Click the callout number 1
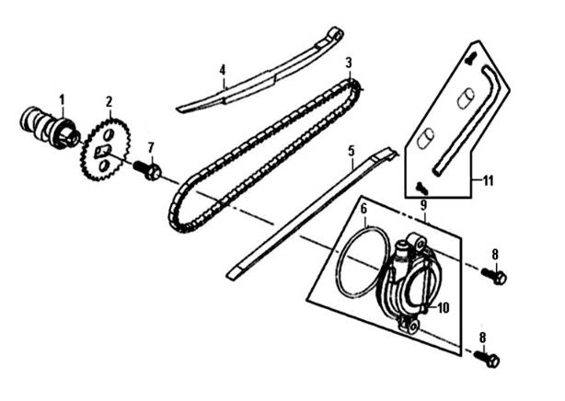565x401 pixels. tap(63, 98)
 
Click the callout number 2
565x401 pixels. tap(109, 101)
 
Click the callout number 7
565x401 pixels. tap(151, 147)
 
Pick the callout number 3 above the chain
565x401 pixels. tap(349, 63)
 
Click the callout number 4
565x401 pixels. tap(222, 69)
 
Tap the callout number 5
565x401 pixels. tap(351, 149)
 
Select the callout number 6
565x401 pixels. tap(363, 208)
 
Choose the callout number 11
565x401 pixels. tap(488, 180)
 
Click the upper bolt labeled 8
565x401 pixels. tap(497, 275)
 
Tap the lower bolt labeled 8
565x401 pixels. tap(490, 359)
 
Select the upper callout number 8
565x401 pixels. tap(494, 254)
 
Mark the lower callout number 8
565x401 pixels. tap(481, 338)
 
